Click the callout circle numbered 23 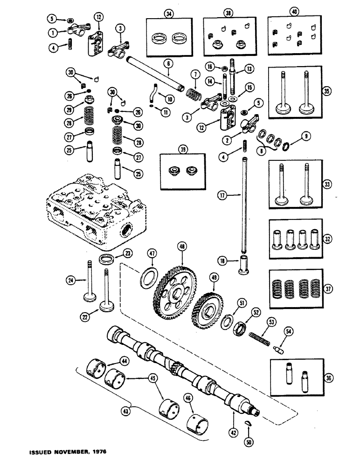click(x=126, y=254)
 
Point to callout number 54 click(x=288, y=331)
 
